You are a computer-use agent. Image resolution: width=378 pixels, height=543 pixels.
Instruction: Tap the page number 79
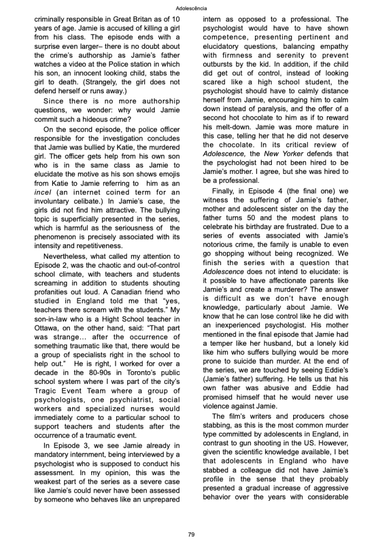click(x=191, y=535)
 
